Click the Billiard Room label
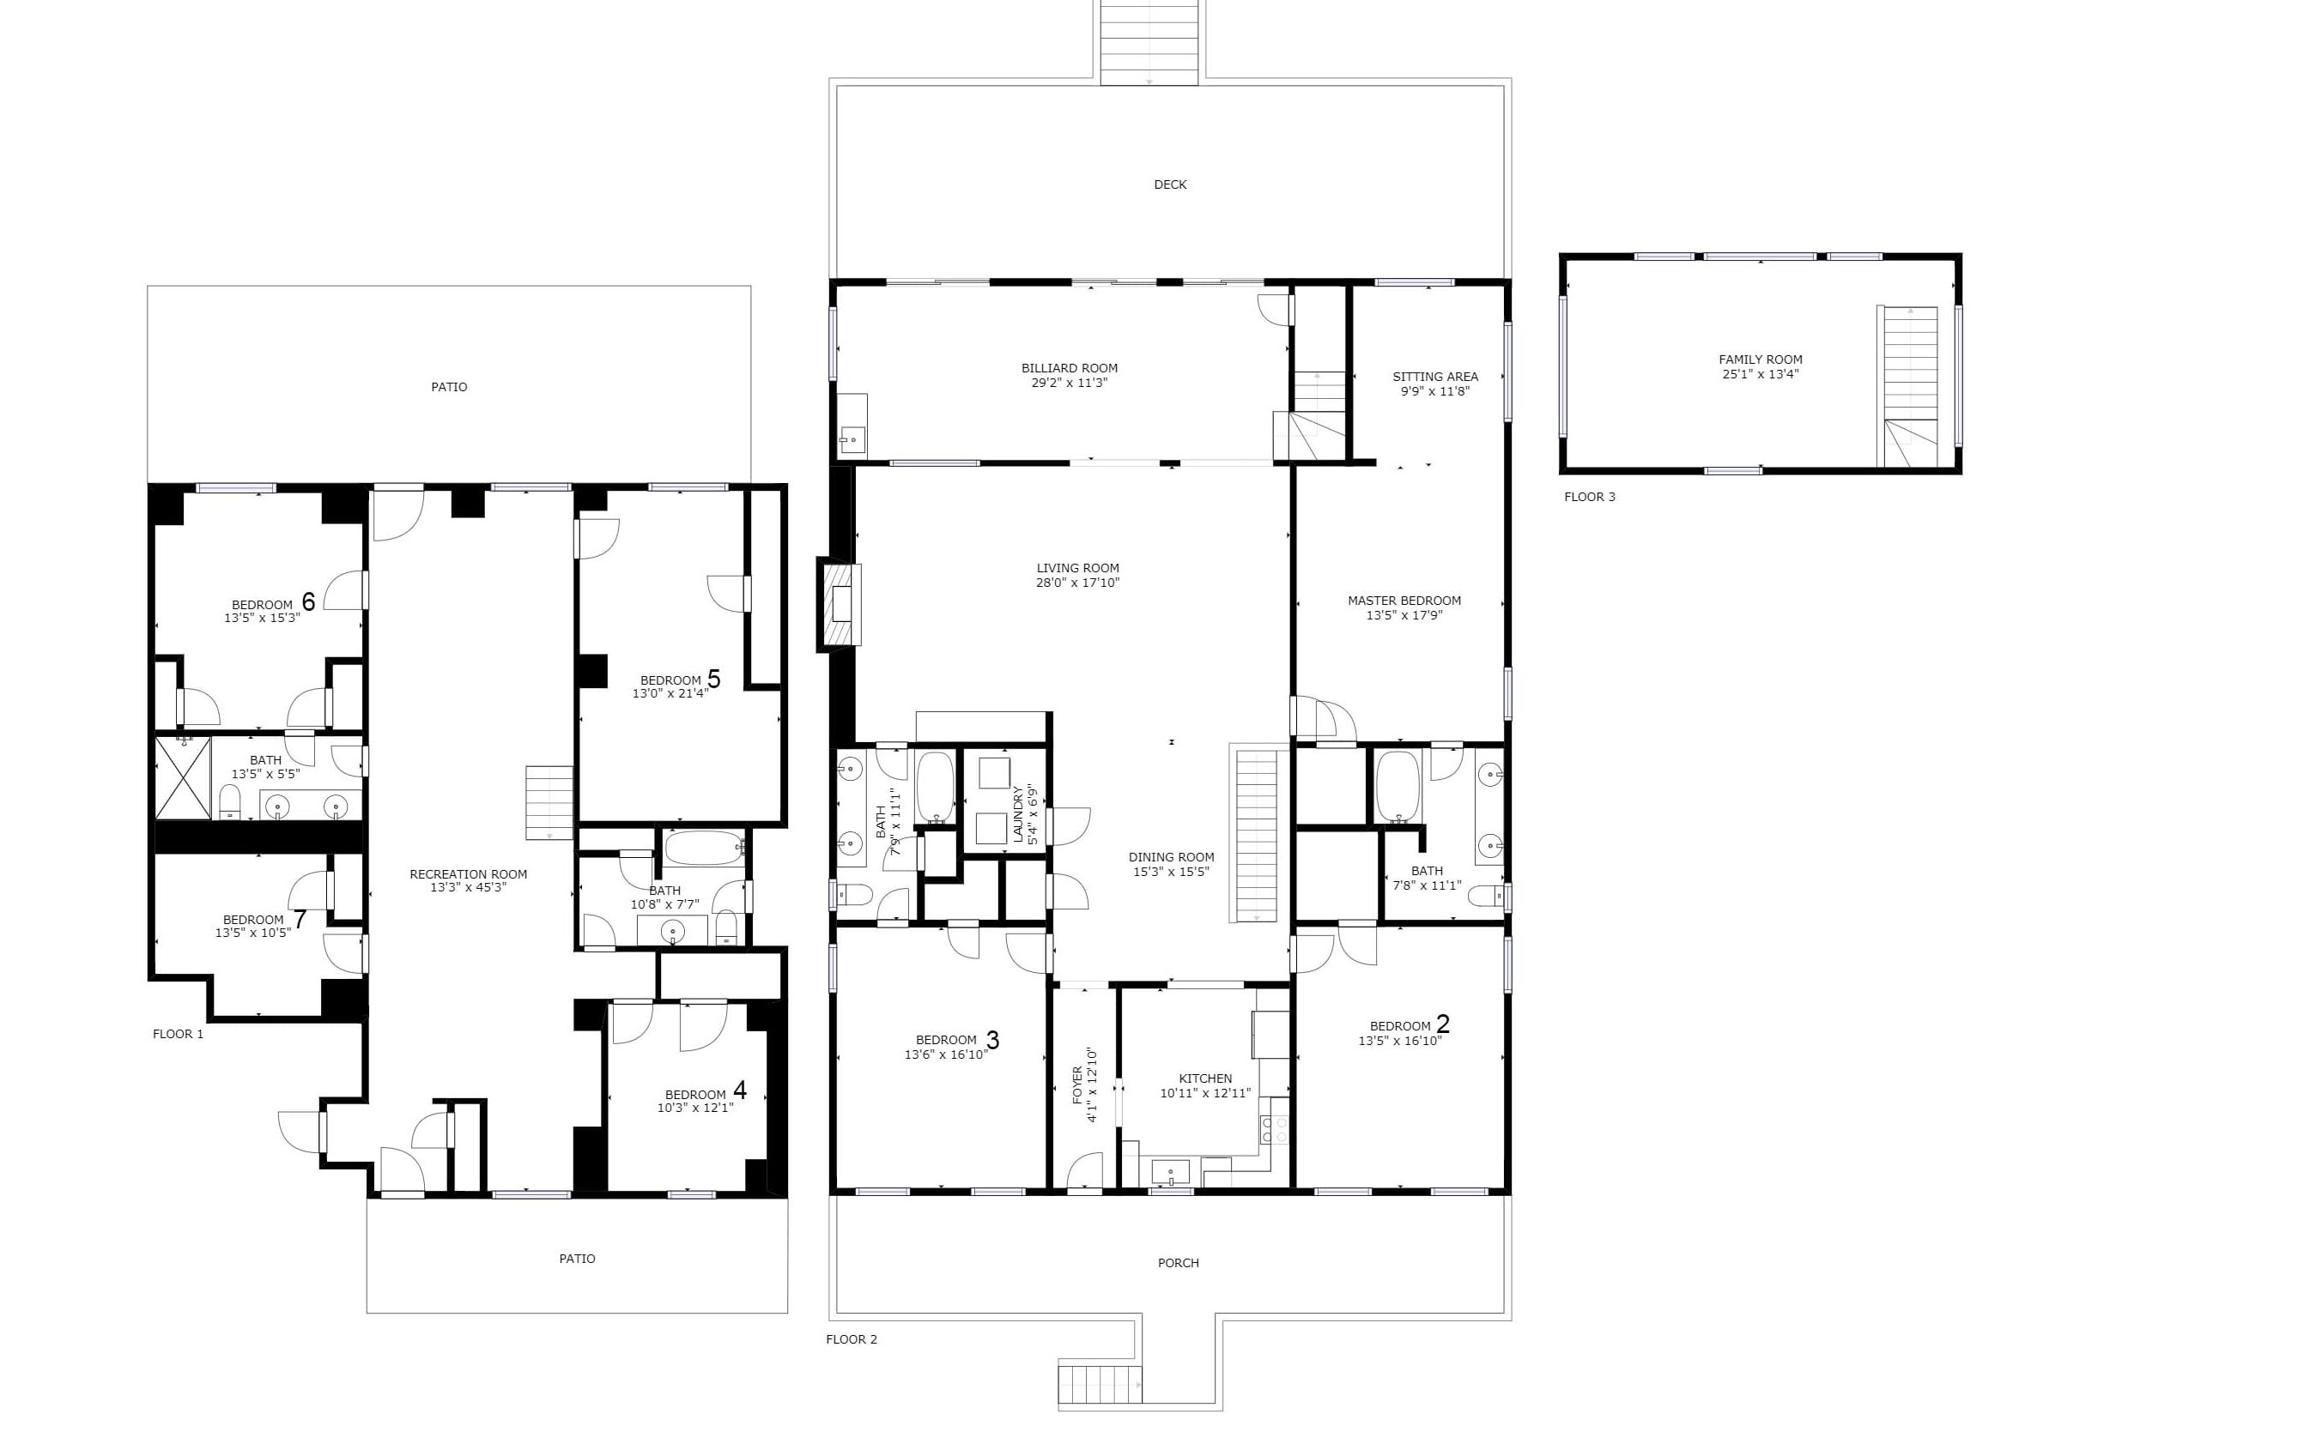tap(1069, 368)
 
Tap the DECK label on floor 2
tap(1170, 185)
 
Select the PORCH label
tap(1178, 1262)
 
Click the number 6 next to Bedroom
tap(308, 602)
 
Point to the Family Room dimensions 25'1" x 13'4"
tap(1760, 375)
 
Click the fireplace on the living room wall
tap(840, 605)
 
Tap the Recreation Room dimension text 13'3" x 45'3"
tap(468, 887)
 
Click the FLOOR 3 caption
tap(1589, 497)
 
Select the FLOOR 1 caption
tap(179, 1034)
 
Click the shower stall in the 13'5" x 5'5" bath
tap(183, 777)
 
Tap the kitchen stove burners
tap(1274, 1131)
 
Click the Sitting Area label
tap(1434, 377)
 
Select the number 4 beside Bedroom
tap(740, 1090)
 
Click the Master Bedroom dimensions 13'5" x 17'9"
tap(1404, 615)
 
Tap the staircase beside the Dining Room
tap(1256, 835)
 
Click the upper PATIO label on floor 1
tap(449, 387)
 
